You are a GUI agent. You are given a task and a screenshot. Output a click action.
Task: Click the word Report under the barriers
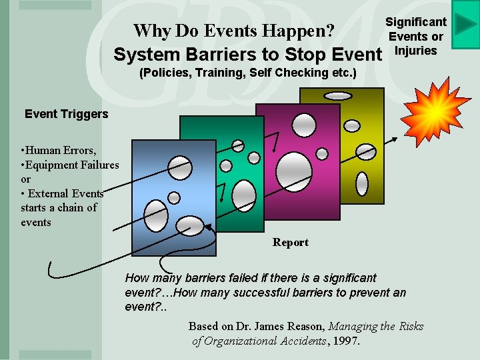click(290, 243)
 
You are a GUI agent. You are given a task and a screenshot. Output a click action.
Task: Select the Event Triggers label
click(66, 114)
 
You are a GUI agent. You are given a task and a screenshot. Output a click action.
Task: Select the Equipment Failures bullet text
click(73, 165)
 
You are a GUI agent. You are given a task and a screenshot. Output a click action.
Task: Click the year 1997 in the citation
click(346, 341)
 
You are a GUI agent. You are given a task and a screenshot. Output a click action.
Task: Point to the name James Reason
click(293, 326)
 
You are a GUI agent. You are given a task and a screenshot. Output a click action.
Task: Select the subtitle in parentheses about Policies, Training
click(247, 73)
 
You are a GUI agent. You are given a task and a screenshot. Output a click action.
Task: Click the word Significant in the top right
click(416, 22)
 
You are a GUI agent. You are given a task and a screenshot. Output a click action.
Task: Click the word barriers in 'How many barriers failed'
click(201, 278)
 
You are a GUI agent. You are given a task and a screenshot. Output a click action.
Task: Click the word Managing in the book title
click(355, 326)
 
